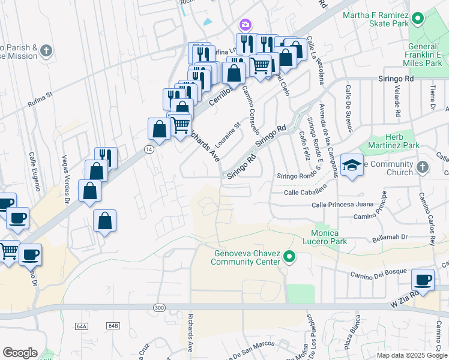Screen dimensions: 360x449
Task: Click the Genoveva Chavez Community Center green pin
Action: pos(289,257)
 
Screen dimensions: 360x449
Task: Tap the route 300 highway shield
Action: pos(158,307)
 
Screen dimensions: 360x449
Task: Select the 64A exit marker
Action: pos(82,325)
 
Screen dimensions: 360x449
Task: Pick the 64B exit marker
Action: pos(113,325)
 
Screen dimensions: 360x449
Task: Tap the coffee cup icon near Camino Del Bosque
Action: pos(423,280)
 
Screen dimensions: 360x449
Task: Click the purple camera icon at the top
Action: pos(245,25)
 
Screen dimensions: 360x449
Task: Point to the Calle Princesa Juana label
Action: pos(342,205)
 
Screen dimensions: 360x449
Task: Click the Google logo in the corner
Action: pos(20,353)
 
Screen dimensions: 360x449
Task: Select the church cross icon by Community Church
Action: pos(423,167)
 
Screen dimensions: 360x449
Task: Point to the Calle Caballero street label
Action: pos(305,192)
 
